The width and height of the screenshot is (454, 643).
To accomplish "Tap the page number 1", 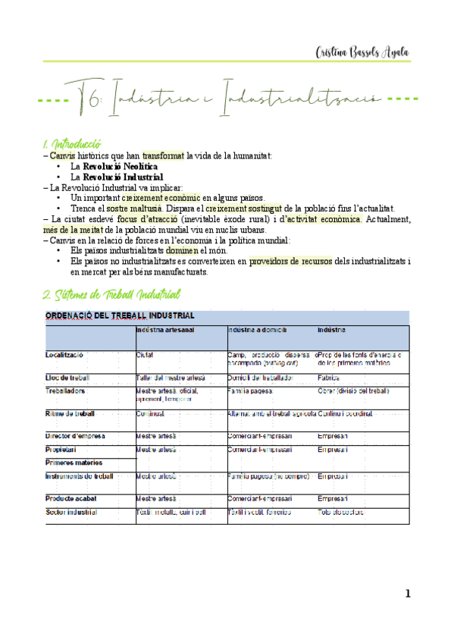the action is tap(407, 594).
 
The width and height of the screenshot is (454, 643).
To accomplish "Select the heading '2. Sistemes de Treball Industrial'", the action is tap(112, 293).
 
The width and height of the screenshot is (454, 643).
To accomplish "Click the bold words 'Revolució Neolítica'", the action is tap(121, 166).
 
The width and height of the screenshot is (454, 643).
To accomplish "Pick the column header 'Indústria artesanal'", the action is tap(165, 331).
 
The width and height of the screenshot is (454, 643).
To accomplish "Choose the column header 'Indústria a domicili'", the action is tap(257, 331).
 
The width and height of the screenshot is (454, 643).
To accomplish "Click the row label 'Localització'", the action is tap(64, 355).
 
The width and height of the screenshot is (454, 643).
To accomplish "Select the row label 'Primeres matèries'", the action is tap(74, 463).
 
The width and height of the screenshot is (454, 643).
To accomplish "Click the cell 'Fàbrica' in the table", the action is tap(328, 377).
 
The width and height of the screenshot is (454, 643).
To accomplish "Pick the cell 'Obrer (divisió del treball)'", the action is tap(352, 391).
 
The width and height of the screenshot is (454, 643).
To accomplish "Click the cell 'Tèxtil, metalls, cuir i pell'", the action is tap(171, 513).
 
